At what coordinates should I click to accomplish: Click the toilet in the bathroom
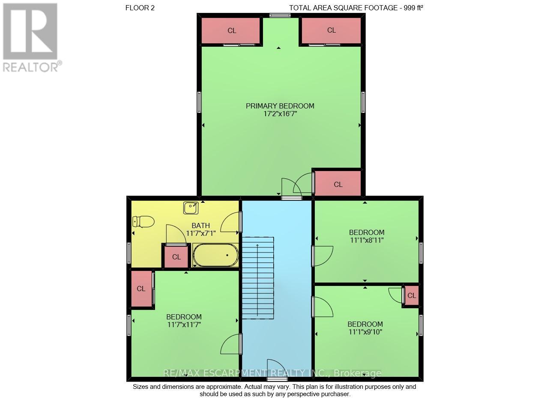(x=143, y=222)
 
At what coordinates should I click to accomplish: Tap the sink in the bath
(x=191, y=208)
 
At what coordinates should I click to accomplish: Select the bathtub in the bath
(x=215, y=255)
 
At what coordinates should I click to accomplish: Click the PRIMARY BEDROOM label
(x=280, y=106)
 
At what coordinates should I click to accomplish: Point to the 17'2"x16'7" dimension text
(x=281, y=114)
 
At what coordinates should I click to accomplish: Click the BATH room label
(x=200, y=226)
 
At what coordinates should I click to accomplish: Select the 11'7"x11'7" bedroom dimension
(x=184, y=325)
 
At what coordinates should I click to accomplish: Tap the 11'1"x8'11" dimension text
(x=367, y=240)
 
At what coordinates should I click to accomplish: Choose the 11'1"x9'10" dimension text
(x=365, y=332)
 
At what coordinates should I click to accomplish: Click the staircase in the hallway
(x=258, y=278)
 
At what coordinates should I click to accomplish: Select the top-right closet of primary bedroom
(x=331, y=30)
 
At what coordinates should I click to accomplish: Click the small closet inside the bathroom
(x=176, y=257)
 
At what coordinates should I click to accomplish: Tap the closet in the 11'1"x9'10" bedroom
(x=412, y=295)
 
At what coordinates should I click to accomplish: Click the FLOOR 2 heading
(x=140, y=8)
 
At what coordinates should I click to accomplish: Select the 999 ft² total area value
(x=413, y=8)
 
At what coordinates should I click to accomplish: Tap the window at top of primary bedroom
(x=280, y=15)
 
